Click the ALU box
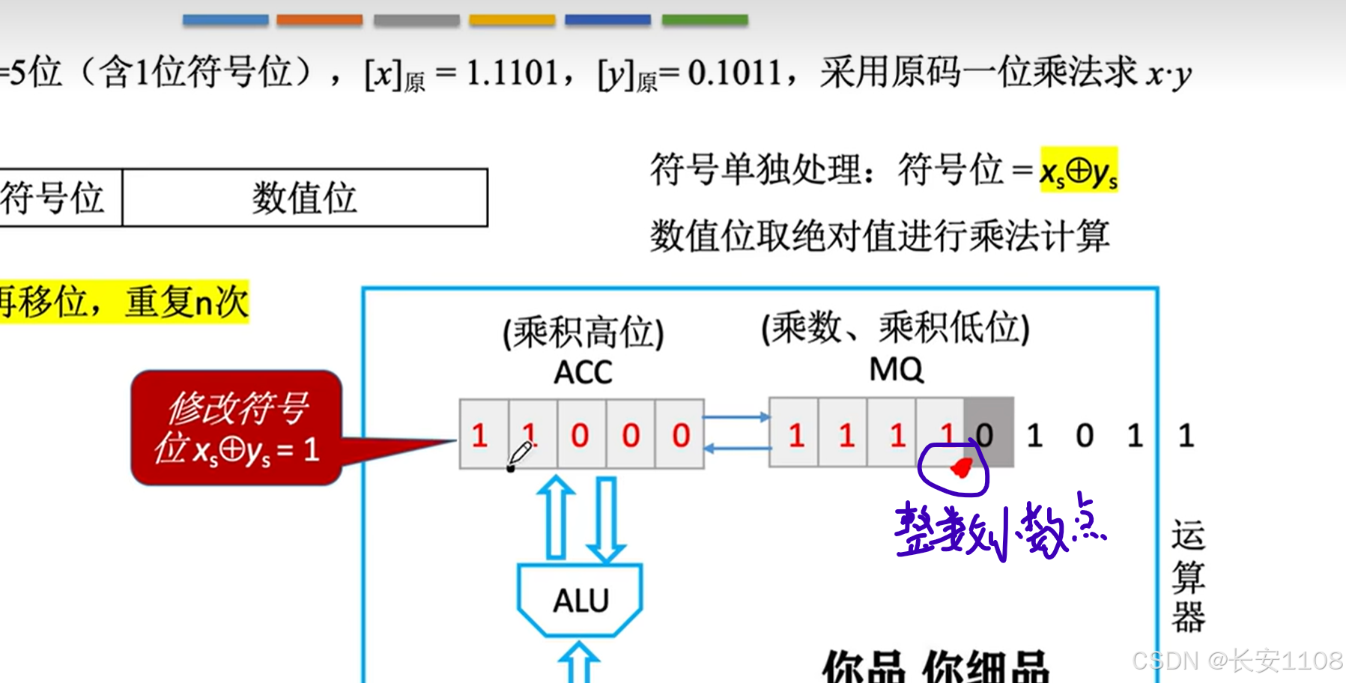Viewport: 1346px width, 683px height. [x=580, y=600]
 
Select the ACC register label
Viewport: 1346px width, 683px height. [x=583, y=372]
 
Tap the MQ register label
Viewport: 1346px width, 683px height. [x=896, y=369]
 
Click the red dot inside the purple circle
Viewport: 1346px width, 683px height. [x=960, y=469]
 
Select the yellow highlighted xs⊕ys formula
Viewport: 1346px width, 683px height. [x=1079, y=171]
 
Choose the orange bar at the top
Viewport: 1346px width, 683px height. [x=319, y=20]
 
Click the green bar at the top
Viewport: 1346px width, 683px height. [x=704, y=20]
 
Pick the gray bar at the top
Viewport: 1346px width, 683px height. [x=416, y=20]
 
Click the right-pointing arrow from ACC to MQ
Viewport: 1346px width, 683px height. [x=736, y=417]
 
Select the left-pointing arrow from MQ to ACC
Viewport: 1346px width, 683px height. [x=736, y=448]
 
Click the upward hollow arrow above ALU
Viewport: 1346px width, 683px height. [x=556, y=517]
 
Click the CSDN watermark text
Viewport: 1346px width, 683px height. [x=1237, y=661]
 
